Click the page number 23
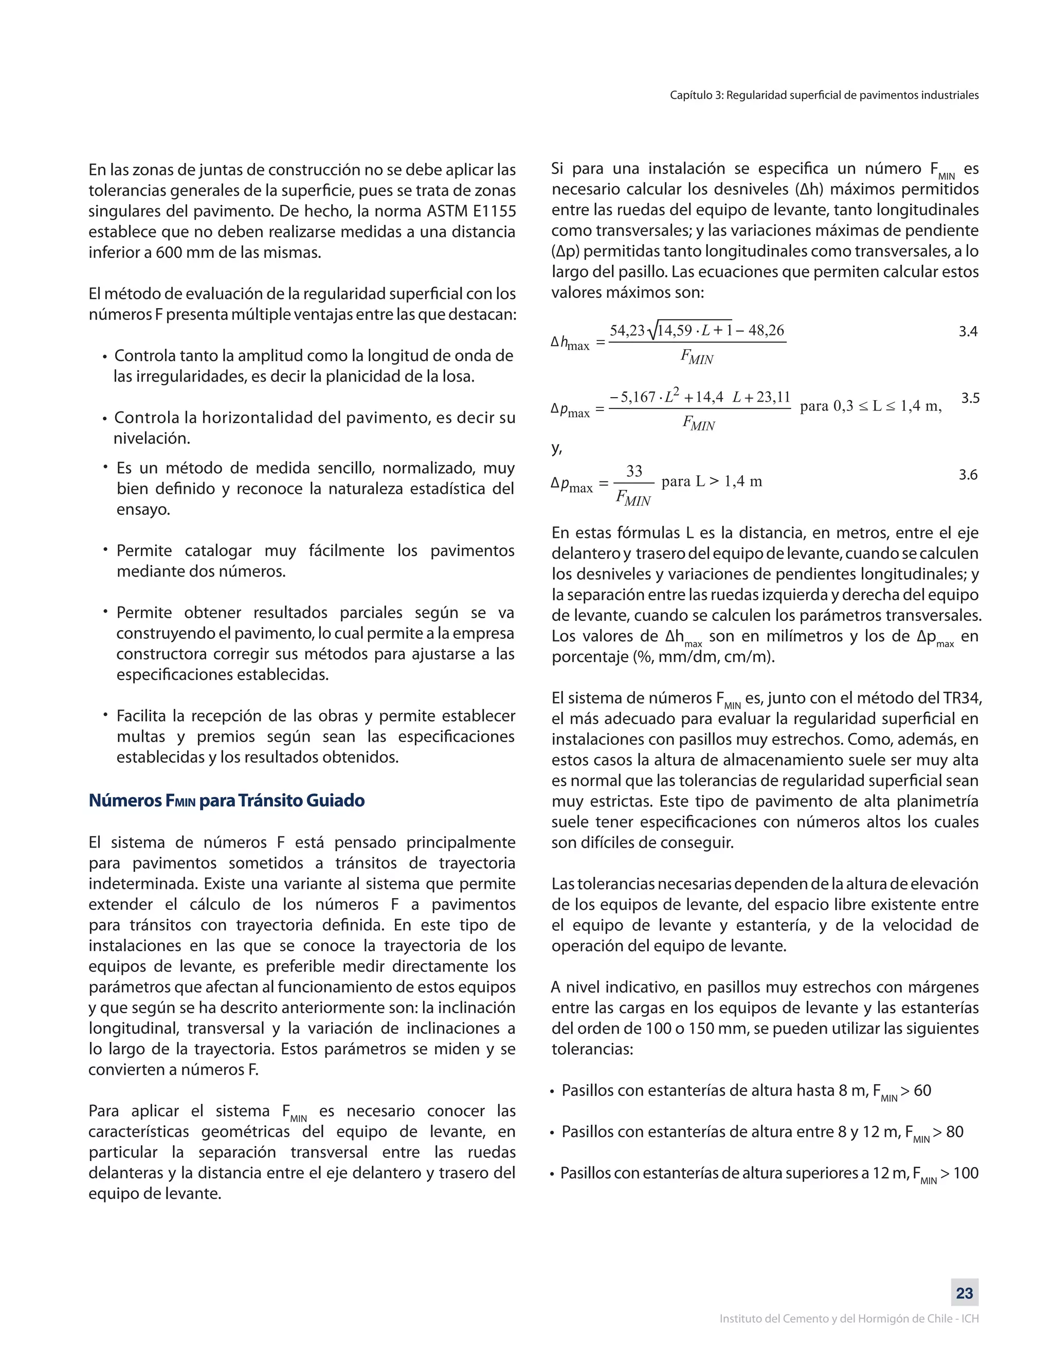pos(965,1293)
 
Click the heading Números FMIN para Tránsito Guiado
pos(226,801)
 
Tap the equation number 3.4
pos(968,331)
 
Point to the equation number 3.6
pos(968,475)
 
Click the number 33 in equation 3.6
pos(634,471)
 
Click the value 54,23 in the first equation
pos(627,330)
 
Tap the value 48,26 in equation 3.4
pos(766,330)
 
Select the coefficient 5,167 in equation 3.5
pos(638,397)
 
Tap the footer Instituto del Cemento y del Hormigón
pos(848,1319)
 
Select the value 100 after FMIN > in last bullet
pos(966,1173)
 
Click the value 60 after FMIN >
pos(922,1091)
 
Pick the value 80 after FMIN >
pos(954,1132)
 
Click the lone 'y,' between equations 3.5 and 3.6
pos(556,448)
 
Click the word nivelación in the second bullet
pos(152,439)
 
